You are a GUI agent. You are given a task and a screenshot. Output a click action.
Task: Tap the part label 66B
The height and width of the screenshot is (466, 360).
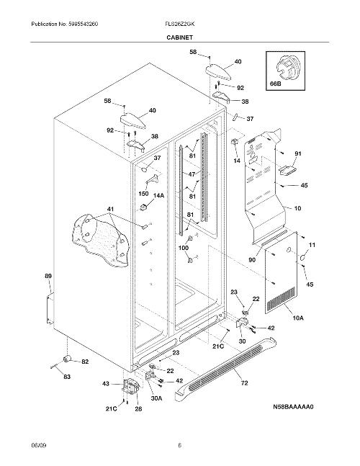pyautogui.click(x=275, y=84)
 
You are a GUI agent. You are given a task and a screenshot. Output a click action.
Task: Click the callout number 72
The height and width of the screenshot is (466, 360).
pyautogui.click(x=244, y=383)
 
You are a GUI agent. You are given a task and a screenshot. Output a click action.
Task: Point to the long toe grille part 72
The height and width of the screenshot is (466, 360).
pyautogui.click(x=226, y=367)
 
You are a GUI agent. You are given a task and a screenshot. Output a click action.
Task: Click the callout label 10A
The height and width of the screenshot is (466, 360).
pyautogui.click(x=298, y=318)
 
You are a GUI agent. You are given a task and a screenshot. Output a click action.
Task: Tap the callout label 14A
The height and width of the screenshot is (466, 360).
pyautogui.click(x=158, y=195)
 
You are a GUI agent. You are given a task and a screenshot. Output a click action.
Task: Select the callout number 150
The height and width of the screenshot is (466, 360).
pyautogui.click(x=143, y=194)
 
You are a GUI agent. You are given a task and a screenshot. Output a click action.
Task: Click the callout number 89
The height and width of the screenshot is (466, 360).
pyautogui.click(x=48, y=276)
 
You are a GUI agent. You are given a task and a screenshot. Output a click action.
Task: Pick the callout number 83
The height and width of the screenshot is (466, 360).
pyautogui.click(x=67, y=377)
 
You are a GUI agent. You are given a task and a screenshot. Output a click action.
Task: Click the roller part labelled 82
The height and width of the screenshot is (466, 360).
pyautogui.click(x=66, y=359)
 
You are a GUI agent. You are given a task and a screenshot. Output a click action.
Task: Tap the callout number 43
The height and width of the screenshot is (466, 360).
pyautogui.click(x=106, y=384)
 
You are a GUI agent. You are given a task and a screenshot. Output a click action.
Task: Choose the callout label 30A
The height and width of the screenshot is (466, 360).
pyautogui.click(x=156, y=399)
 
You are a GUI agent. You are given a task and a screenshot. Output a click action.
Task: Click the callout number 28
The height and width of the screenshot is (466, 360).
pyautogui.click(x=139, y=409)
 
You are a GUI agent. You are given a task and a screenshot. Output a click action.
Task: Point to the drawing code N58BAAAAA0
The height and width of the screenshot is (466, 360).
pyautogui.click(x=293, y=406)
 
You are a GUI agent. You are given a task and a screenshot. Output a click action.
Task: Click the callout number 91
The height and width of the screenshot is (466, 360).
pyautogui.click(x=298, y=153)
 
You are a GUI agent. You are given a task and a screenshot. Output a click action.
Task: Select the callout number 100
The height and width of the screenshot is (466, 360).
pyautogui.click(x=184, y=248)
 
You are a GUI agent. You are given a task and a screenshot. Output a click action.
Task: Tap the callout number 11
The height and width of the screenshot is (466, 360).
pyautogui.click(x=312, y=245)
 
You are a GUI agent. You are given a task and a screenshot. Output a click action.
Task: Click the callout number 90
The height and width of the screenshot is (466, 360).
pyautogui.click(x=252, y=260)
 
